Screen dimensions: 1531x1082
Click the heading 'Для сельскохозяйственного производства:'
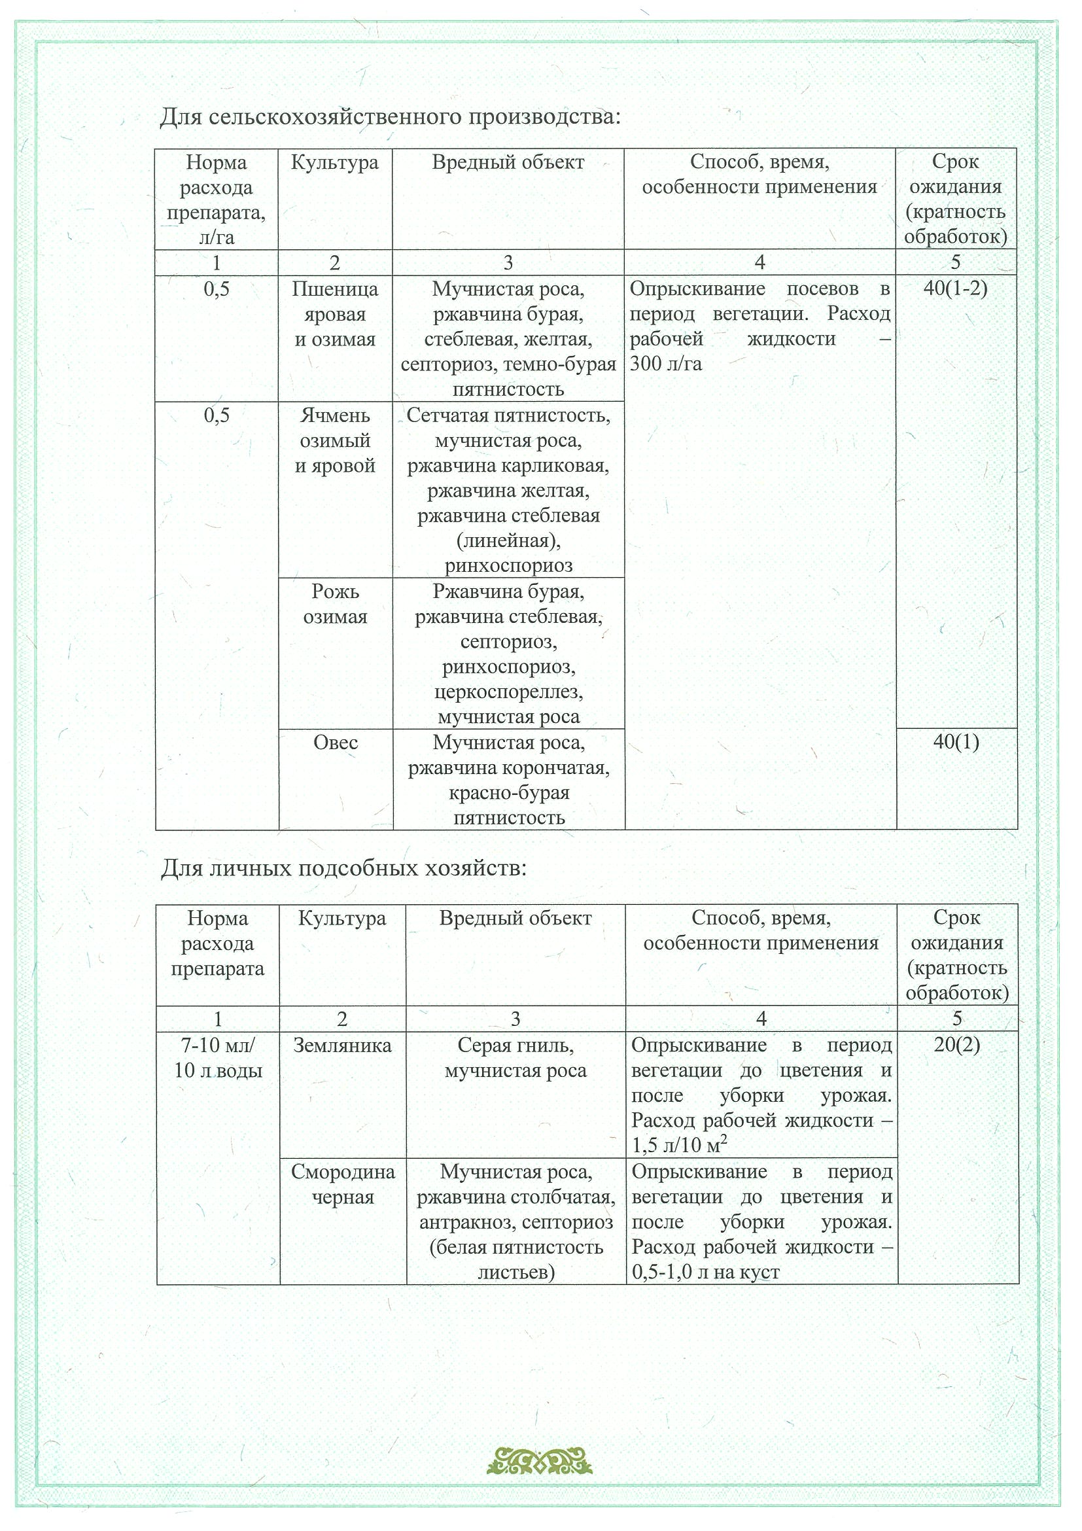390,117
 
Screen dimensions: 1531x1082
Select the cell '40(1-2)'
955,289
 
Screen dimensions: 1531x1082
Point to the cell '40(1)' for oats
956,742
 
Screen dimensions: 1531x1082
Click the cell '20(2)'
956,1045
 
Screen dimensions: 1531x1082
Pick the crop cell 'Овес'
336,743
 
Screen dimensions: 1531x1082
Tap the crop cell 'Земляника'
342,1046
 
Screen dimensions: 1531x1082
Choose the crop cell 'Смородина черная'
343,1185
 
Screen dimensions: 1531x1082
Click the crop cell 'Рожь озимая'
336,604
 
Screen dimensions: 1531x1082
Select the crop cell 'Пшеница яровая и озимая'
336,314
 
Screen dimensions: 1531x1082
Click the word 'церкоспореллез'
509,692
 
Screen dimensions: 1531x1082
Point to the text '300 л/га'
666,364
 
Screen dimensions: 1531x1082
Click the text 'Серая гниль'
515,1045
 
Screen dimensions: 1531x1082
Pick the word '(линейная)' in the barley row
509,541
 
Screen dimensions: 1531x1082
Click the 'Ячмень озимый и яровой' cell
336,440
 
